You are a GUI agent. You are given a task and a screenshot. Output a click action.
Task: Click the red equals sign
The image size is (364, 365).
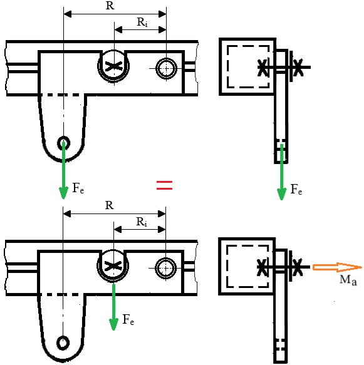[164, 185]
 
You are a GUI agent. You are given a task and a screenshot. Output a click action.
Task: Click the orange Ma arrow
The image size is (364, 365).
[337, 267]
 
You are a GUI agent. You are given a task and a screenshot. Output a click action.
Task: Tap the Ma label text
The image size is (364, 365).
[348, 280]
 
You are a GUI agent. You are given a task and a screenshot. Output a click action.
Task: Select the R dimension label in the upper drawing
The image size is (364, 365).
[110, 6]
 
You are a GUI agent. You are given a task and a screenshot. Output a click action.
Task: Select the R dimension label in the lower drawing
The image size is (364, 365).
[110, 205]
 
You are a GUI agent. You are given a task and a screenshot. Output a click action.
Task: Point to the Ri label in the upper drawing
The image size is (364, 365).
[142, 23]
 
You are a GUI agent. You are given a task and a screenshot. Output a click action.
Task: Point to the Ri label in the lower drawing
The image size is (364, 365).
[142, 222]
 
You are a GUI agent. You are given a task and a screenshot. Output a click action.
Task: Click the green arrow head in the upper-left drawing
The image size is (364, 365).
[63, 193]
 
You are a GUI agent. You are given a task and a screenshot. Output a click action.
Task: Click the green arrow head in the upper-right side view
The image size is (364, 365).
[281, 194]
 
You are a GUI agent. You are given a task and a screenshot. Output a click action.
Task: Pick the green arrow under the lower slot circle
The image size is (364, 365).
[113, 307]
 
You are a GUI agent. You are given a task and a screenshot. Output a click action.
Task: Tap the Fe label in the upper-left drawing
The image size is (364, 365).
[78, 188]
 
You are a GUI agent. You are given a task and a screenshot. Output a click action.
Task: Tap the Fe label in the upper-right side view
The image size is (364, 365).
[296, 189]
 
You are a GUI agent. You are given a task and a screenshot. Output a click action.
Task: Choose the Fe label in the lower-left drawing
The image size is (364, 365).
[128, 319]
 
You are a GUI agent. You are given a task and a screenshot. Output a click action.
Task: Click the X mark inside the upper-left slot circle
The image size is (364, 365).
[113, 66]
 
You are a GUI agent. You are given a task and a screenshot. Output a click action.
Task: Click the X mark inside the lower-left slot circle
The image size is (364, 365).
[113, 266]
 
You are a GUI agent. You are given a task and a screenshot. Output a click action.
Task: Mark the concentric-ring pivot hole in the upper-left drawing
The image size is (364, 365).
[166, 69]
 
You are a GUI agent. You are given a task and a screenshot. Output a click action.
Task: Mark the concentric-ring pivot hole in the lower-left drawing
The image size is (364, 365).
[165, 268]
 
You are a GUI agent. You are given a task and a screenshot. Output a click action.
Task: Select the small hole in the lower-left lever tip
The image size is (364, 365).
[63, 343]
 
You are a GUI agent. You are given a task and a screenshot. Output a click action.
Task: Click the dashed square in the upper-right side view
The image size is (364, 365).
[227, 67]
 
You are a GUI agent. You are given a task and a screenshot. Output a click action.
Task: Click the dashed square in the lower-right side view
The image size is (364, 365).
[227, 266]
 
